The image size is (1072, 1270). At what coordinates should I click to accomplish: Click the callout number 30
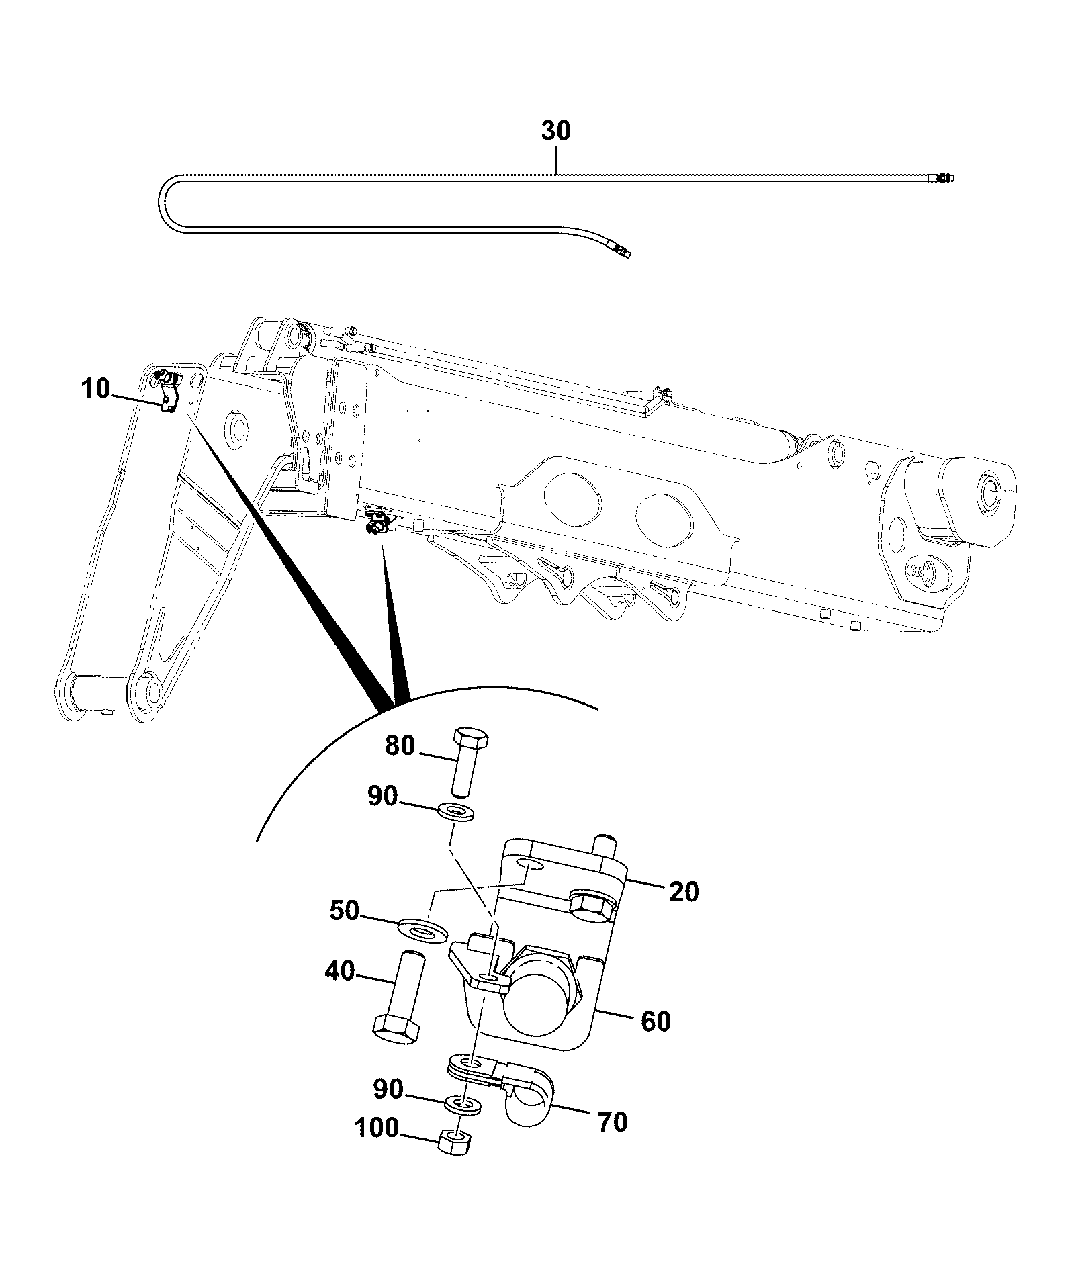click(x=556, y=130)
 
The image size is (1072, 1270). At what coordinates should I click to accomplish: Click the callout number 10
click(x=96, y=389)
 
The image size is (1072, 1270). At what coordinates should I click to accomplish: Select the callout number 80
click(x=400, y=745)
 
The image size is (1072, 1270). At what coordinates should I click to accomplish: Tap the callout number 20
click(x=683, y=892)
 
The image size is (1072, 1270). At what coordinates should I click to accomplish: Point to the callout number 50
click(x=345, y=911)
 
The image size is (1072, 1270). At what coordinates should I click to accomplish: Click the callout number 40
click(x=340, y=970)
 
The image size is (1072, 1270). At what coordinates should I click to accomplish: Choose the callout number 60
click(x=656, y=1022)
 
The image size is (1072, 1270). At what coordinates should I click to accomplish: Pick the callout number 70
click(x=612, y=1122)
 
